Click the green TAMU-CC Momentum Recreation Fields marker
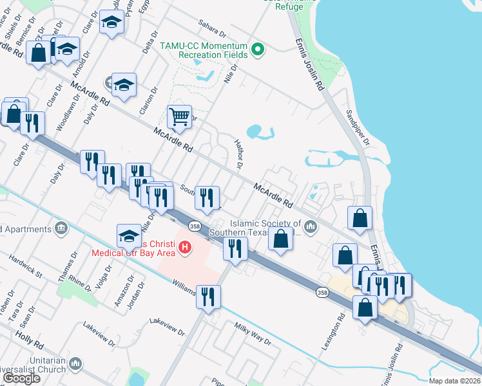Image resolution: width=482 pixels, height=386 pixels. click(x=258, y=50)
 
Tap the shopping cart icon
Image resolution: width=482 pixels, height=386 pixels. click(x=179, y=117)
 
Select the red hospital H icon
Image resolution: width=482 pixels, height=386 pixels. click(x=186, y=247)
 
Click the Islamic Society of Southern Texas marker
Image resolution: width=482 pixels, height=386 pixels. click(x=311, y=226)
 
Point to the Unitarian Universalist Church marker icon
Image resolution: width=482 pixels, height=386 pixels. click(x=76, y=365)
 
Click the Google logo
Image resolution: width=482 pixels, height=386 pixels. click(x=21, y=378)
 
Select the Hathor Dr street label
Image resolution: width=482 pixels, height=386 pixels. click(x=238, y=154)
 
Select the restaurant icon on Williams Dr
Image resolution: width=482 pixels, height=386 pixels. click(x=209, y=297)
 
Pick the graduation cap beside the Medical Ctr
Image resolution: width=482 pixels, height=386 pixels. click(x=129, y=235)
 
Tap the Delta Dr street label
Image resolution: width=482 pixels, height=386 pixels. click(x=146, y=47)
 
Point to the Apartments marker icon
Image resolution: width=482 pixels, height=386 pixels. click(x=61, y=228)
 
